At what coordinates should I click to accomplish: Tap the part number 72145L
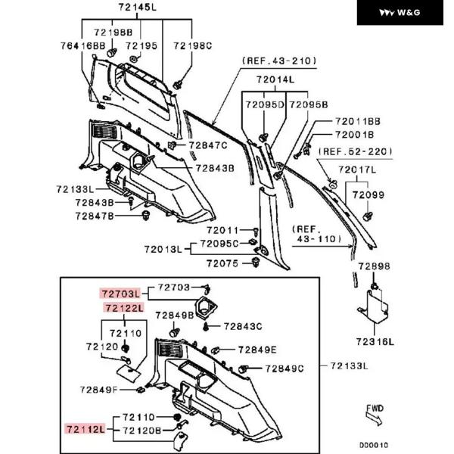point(137,8)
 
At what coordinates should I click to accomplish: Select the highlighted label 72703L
point(120,292)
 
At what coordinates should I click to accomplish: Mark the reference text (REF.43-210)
point(278,60)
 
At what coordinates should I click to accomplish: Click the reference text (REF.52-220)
point(356,151)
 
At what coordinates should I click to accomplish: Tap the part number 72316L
point(374,342)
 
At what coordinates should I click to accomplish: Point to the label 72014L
point(275,79)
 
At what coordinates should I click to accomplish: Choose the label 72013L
point(163,248)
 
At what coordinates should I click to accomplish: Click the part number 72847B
point(94,216)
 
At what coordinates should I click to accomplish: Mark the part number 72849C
point(284,368)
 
